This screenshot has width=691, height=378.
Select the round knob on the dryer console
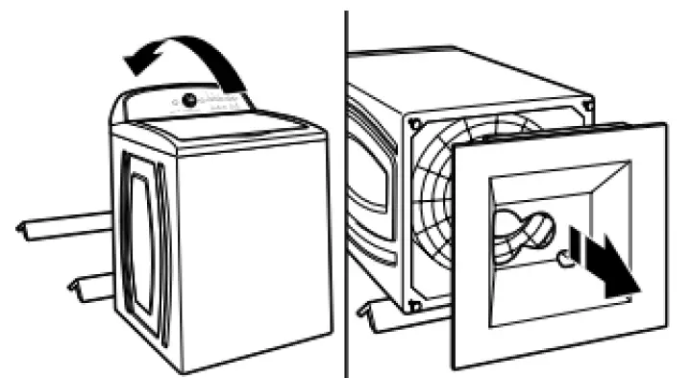[189, 99]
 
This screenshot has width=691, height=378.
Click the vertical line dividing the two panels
[345, 192]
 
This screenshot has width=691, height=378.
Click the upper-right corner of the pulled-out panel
[664, 126]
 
